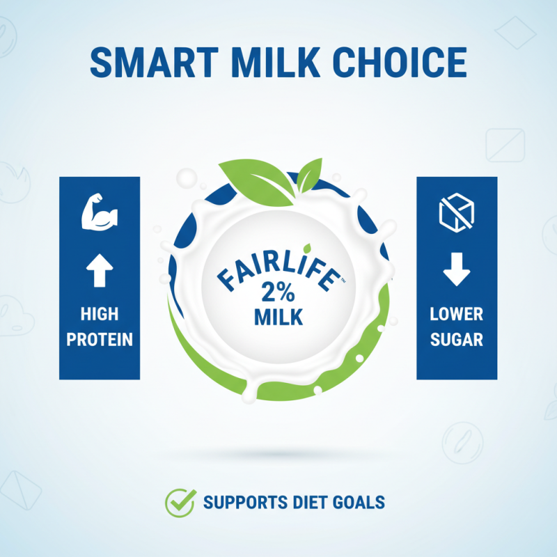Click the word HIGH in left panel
click(x=99, y=315)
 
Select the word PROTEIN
click(x=99, y=340)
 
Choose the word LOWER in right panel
click(x=457, y=315)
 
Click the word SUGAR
click(x=457, y=340)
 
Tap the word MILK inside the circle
click(x=278, y=317)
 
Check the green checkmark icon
click(x=179, y=501)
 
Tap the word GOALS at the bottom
click(x=361, y=502)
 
